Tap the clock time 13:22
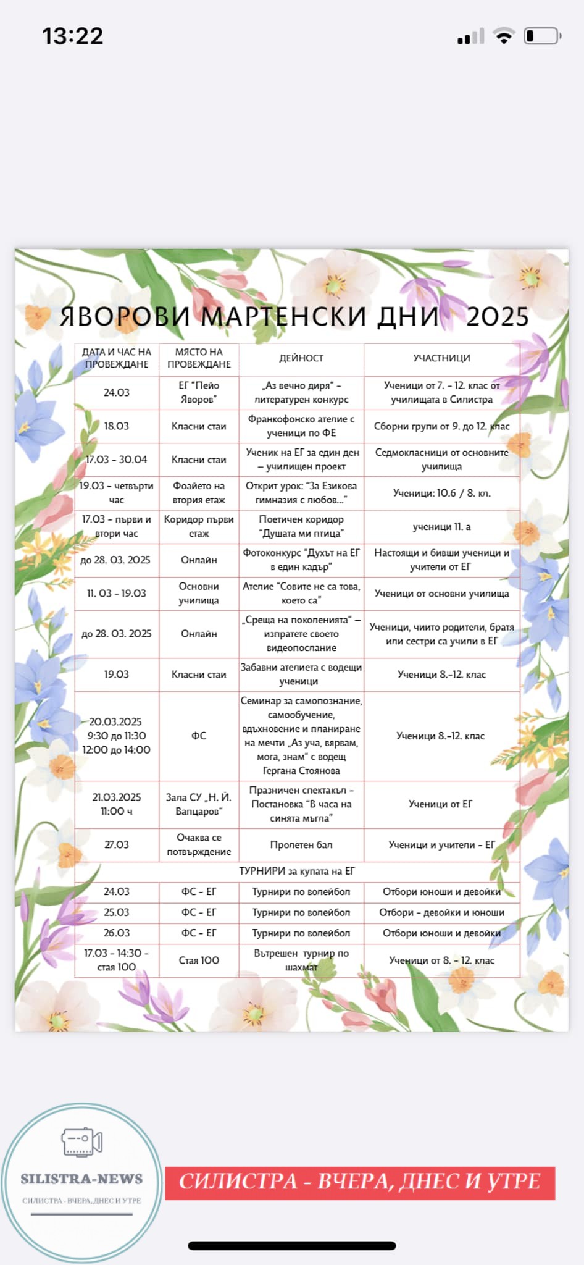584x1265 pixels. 72,36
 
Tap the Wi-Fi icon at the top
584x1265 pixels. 504,36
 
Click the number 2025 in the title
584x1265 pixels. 498,317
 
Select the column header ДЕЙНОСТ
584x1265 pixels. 301,358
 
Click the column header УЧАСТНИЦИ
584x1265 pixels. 441,358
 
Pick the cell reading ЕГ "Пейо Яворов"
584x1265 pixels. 199,392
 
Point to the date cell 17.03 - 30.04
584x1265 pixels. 117,460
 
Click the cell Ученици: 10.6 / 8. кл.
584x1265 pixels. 441,493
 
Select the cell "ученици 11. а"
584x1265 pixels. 441,527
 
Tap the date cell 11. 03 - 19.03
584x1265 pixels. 117,594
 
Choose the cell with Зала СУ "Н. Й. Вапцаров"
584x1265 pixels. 199,804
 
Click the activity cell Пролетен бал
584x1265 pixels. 301,844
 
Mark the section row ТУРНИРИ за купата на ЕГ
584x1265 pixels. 297,871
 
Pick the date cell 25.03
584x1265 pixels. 117,912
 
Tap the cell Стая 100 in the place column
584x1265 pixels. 199,960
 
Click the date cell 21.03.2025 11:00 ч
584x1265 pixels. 117,804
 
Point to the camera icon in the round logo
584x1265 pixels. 81,1142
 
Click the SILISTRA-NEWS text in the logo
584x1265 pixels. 81,1179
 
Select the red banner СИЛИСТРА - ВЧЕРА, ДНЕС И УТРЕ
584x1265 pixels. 360,1182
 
